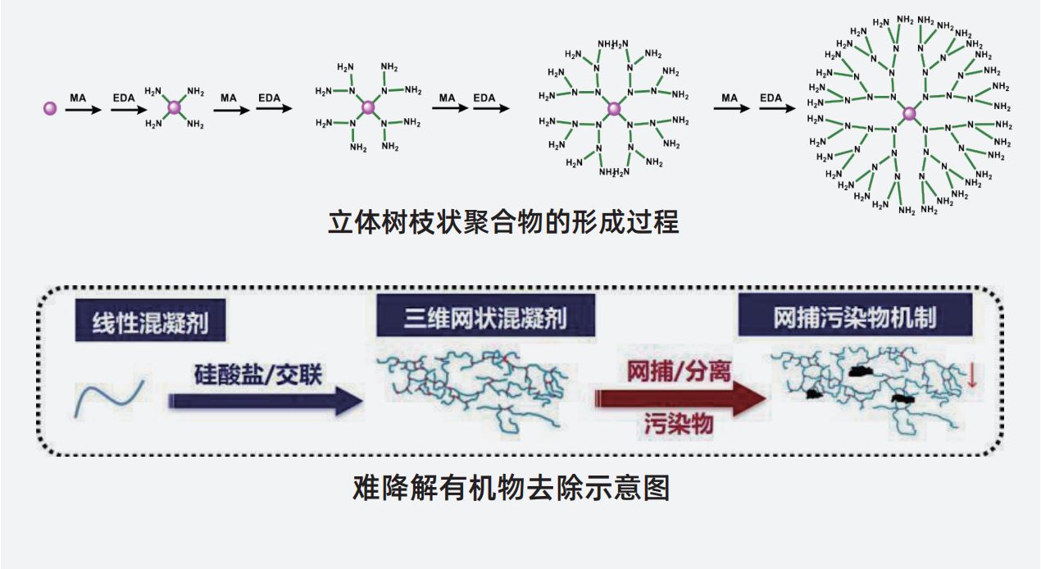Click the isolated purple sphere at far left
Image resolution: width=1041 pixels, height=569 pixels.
50,108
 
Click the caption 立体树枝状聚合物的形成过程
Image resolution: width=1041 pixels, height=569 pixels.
503,222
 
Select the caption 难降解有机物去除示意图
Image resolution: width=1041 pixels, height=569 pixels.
511,487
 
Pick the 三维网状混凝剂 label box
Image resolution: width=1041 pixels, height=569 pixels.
484,316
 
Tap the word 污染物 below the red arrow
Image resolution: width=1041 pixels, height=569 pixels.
678,425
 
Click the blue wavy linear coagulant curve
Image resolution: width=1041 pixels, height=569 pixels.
110,396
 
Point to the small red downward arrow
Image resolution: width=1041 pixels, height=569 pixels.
971,376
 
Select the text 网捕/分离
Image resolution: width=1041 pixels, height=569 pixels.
679,371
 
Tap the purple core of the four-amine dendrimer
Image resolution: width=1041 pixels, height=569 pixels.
174,107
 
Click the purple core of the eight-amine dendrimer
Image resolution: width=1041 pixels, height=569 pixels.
368,107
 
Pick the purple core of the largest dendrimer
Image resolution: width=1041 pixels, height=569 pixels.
908,113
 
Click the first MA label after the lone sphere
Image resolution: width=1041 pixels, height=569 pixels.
78,98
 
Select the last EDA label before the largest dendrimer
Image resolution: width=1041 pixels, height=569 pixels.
771,98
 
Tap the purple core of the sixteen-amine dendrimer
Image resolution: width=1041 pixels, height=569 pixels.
613,108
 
